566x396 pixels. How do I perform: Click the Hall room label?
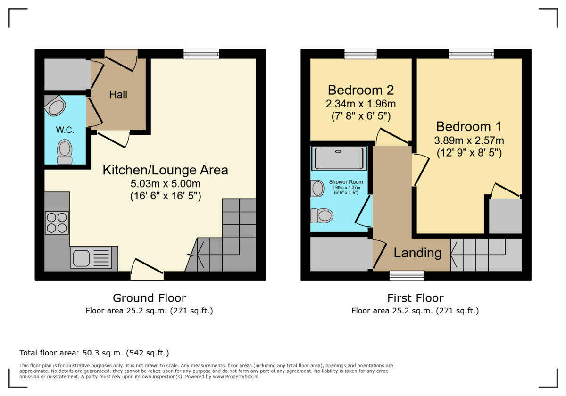[x=118, y=94]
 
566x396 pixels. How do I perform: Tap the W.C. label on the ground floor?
[x=65, y=130]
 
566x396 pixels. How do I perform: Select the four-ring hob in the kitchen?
[x=57, y=223]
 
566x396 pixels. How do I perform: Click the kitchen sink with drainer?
[x=91, y=257]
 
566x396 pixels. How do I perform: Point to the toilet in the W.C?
[x=65, y=152]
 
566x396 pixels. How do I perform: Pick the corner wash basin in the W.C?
[x=55, y=106]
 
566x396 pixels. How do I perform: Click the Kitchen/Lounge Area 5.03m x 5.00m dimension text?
[x=166, y=183]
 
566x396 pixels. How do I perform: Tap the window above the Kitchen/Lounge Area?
[x=201, y=54]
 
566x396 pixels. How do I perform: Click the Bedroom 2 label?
[x=361, y=90]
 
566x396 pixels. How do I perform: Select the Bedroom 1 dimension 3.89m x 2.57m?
[x=469, y=140]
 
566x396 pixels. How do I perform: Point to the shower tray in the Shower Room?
[x=339, y=158]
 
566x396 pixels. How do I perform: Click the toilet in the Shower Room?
[x=322, y=216]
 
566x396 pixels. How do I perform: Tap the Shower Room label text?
[x=346, y=182]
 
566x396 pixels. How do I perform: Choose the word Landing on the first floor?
[x=417, y=253]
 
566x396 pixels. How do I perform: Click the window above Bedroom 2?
[x=360, y=54]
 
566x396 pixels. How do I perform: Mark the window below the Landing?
[x=407, y=276]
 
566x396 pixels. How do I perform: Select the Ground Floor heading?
[x=150, y=298]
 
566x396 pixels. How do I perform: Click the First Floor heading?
[x=415, y=298]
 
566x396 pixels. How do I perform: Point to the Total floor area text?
[x=94, y=353]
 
